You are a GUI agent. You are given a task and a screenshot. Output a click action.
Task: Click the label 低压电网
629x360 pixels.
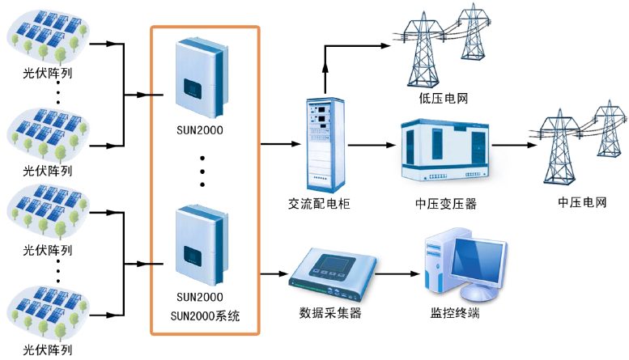438,99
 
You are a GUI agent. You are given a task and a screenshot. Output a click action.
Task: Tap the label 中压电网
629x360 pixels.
582,201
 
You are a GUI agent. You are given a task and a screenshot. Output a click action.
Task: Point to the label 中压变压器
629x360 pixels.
445,204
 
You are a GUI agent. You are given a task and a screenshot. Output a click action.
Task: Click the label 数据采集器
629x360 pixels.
329,313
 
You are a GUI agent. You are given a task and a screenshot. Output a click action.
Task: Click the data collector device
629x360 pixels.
331,272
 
